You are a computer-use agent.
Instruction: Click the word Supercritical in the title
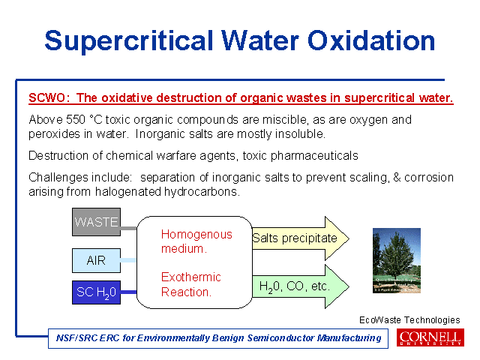[129, 41]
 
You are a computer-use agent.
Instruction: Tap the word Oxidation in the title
[371, 40]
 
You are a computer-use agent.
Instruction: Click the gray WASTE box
[96, 222]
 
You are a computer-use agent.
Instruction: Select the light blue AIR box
[96, 260]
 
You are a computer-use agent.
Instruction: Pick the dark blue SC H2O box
[96, 292]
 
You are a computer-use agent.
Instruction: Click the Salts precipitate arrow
[301, 238]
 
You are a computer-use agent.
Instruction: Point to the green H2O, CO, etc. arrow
[301, 286]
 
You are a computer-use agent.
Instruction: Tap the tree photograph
[397, 260]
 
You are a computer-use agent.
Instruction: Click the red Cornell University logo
[430, 337]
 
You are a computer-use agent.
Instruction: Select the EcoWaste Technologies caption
[409, 320]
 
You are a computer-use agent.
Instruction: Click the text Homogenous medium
[196, 241]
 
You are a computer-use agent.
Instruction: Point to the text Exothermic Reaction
[191, 284]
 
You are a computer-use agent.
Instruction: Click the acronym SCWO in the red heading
[46, 98]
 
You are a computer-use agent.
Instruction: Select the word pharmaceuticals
[314, 156]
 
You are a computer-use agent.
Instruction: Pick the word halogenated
[128, 192]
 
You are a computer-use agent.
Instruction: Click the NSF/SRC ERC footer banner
[218, 338]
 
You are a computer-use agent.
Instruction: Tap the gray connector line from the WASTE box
[128, 228]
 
